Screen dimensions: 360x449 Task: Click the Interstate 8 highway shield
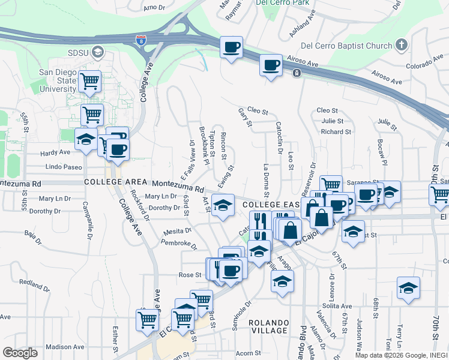coord(140,41)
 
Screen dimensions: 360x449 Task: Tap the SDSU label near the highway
coord(77,52)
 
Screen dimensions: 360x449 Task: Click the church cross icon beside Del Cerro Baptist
coord(402,45)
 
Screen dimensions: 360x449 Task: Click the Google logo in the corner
coord(20,352)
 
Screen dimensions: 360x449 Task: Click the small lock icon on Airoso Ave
coord(297,73)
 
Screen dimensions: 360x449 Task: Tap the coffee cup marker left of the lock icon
coord(270,64)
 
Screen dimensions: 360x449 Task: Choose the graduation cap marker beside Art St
coord(223,206)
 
